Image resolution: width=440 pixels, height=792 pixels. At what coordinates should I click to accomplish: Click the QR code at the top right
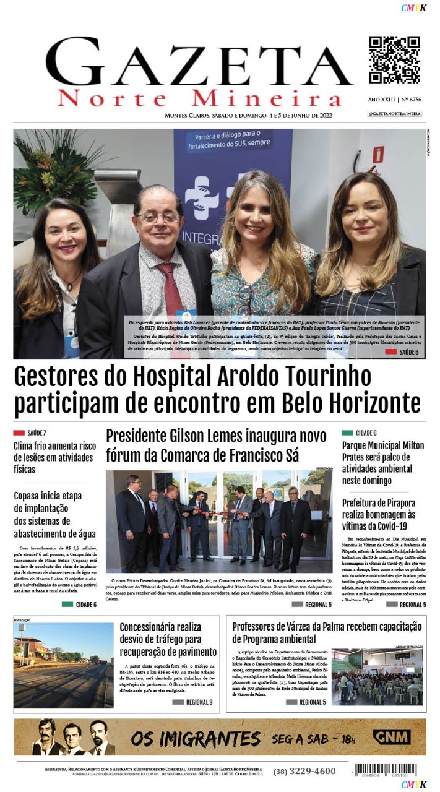point(394,59)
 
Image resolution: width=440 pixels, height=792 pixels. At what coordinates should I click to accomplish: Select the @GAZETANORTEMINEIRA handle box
point(394,114)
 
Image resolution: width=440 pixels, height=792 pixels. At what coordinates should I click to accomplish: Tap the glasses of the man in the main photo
point(158,217)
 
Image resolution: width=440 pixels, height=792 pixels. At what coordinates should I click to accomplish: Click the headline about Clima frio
point(54,457)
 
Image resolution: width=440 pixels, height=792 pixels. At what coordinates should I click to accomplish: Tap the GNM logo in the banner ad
point(391,738)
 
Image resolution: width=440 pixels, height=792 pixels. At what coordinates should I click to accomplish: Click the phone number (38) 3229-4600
point(304,771)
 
